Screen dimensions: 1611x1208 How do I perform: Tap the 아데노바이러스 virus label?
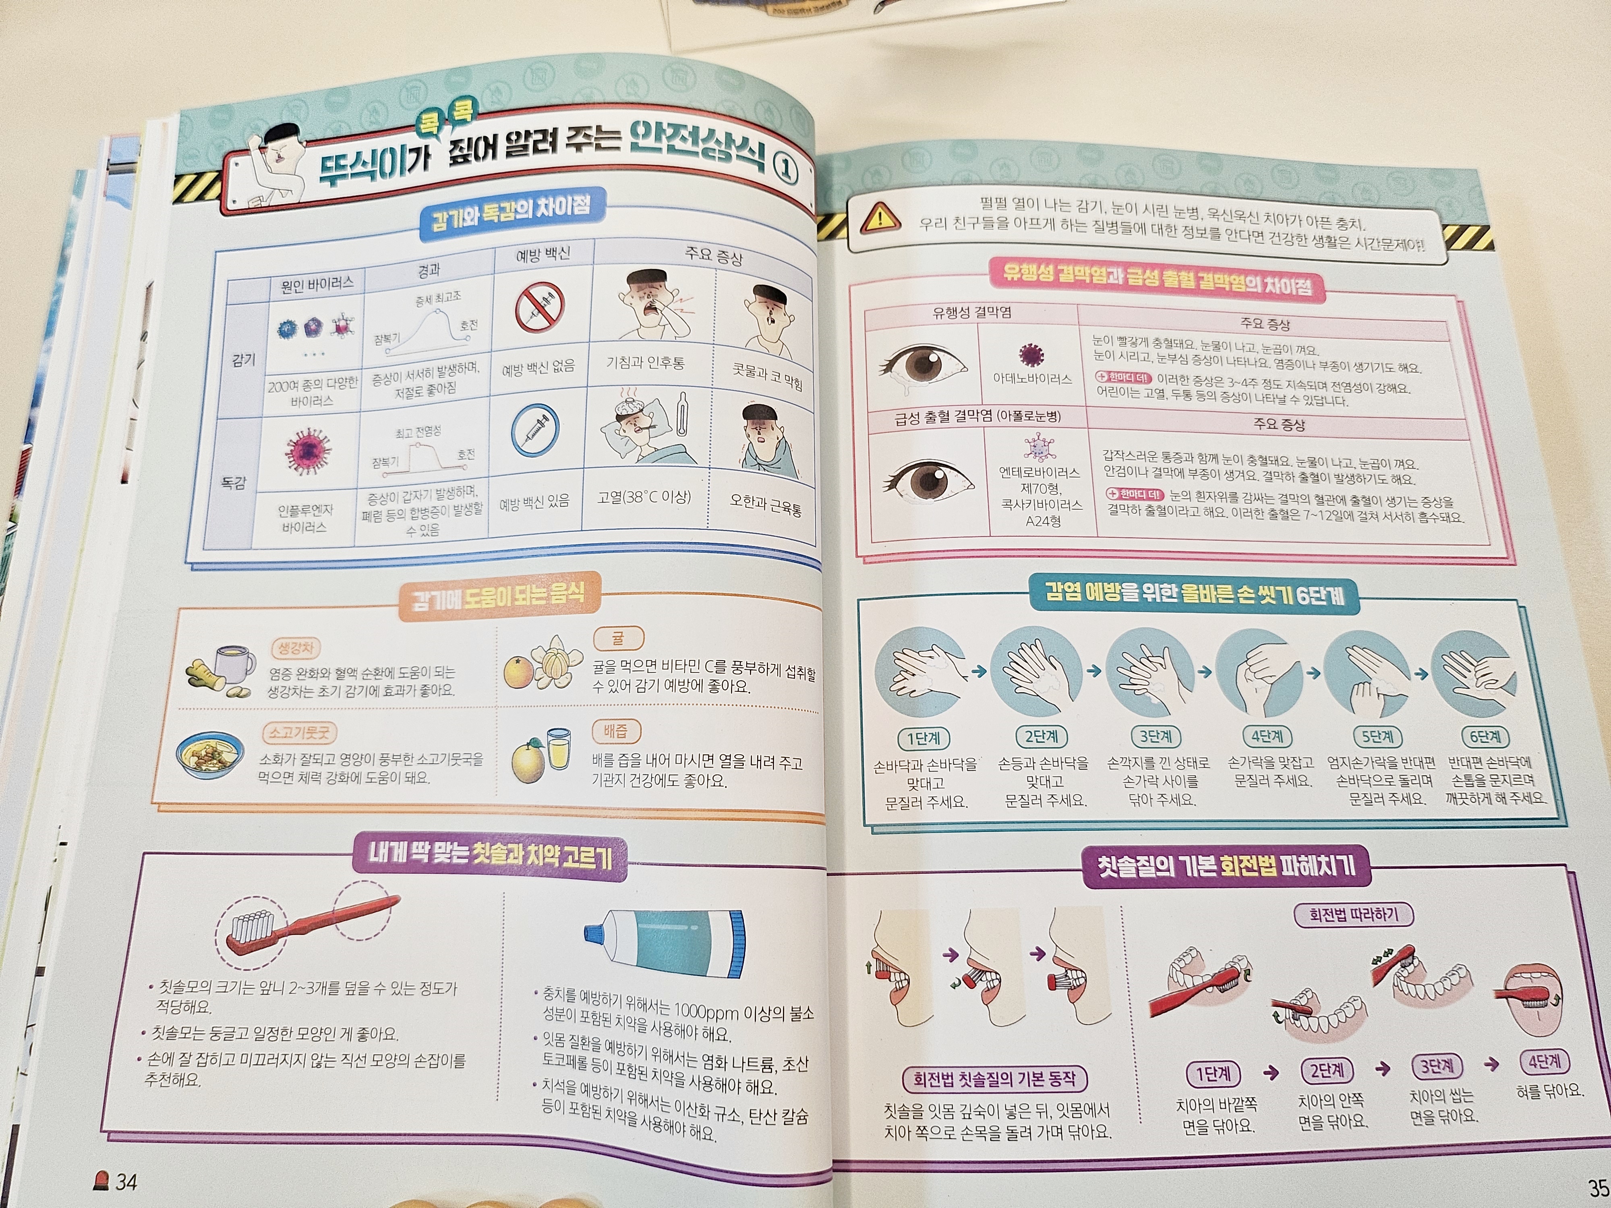point(1032,379)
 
